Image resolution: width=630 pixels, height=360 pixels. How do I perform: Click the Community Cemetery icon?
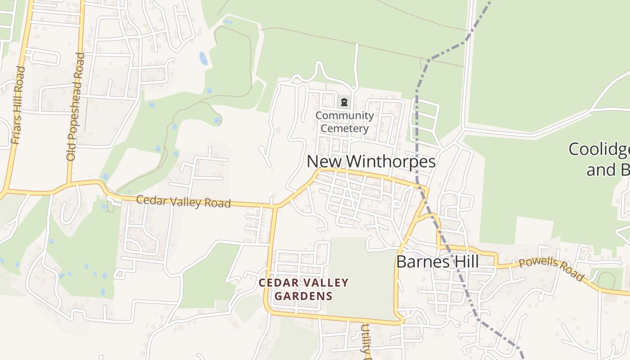coord(344,103)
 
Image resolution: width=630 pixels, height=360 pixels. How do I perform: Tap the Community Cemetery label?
coord(344,122)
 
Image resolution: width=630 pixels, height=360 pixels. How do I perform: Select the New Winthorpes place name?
coord(371,162)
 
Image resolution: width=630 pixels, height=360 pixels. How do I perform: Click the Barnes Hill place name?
coord(437,262)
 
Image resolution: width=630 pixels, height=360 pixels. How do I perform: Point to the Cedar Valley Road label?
coord(183,201)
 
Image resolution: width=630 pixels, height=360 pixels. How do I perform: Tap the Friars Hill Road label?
coord(18,106)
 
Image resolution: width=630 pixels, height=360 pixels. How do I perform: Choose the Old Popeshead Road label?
coord(75,107)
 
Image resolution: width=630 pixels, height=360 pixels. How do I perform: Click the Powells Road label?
coord(551,269)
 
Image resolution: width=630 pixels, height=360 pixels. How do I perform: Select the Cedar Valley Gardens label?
coord(304,289)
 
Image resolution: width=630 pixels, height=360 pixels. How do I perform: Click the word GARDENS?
coord(304,296)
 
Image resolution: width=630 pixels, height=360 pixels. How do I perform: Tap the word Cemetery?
coord(344,128)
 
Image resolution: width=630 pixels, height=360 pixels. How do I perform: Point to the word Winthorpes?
coord(391,162)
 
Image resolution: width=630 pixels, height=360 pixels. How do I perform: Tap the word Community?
coord(344,116)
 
